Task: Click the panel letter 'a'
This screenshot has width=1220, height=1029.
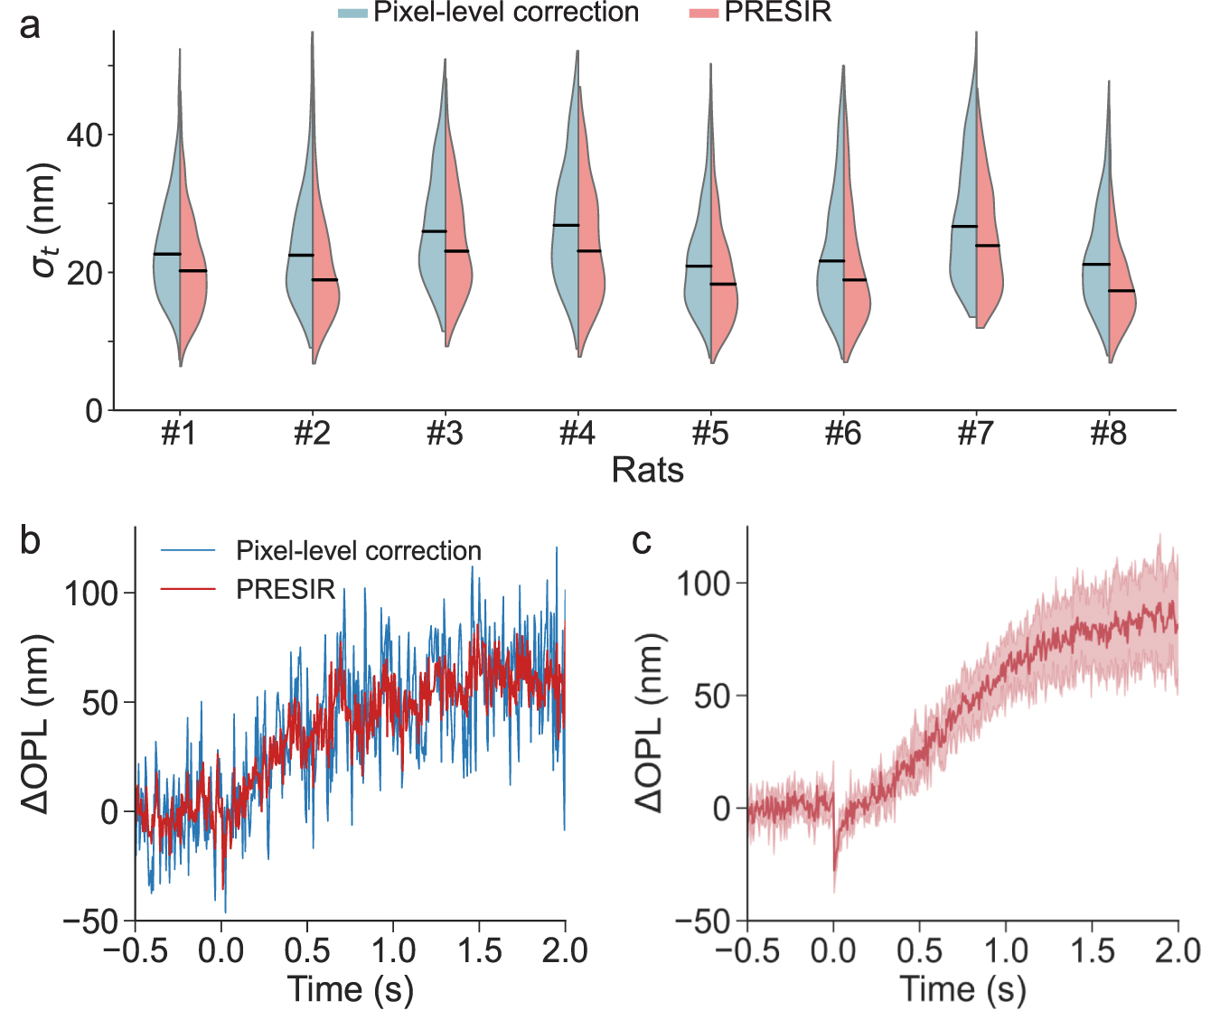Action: pyautogui.click(x=30, y=26)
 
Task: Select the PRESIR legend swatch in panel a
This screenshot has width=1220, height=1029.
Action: pyautogui.click(x=704, y=13)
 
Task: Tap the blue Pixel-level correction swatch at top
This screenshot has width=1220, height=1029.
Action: pyautogui.click(x=352, y=13)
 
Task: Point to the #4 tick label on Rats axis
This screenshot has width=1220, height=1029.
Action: pyautogui.click(x=577, y=435)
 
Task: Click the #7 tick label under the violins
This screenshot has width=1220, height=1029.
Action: pyautogui.click(x=975, y=435)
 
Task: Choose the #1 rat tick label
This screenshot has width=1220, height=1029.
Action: pyautogui.click(x=179, y=435)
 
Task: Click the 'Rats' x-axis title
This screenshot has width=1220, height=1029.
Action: pyautogui.click(x=647, y=470)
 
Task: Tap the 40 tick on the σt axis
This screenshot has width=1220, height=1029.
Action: pyautogui.click(x=85, y=136)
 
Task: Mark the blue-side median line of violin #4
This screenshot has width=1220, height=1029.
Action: pyautogui.click(x=566, y=225)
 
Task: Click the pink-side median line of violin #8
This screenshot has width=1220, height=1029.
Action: pyautogui.click(x=1121, y=291)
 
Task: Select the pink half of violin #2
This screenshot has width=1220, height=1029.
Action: pyautogui.click(x=324, y=298)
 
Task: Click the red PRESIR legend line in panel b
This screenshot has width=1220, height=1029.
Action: pyautogui.click(x=188, y=589)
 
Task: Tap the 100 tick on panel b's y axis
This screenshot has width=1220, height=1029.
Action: pyautogui.click(x=90, y=594)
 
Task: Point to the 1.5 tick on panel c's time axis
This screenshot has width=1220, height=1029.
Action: pyautogui.click(x=1092, y=951)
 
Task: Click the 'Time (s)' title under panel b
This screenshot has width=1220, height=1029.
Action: pyautogui.click(x=350, y=989)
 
